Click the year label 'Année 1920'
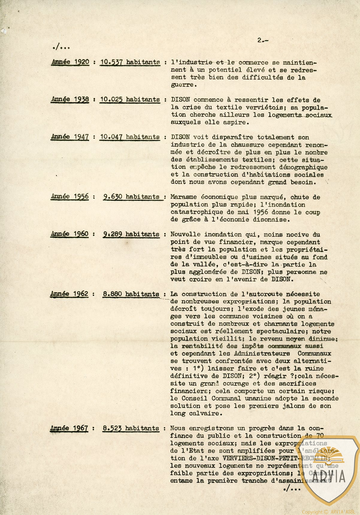pyautogui.click(x=70, y=62)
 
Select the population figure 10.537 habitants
pyautogui.click(x=130, y=62)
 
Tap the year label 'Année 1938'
pyautogui.click(x=70, y=99)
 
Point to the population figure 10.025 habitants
pyautogui.click(x=130, y=99)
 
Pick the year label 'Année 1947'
pyautogui.click(x=70, y=137)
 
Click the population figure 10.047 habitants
pyautogui.click(x=130, y=137)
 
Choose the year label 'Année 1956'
pyautogui.click(x=70, y=196)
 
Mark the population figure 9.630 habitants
pyautogui.click(x=131, y=197)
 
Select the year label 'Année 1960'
pyautogui.click(x=70, y=234)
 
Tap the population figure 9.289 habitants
pyautogui.click(x=131, y=234)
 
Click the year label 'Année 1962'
pyautogui.click(x=69, y=294)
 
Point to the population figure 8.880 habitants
pyautogui.click(x=131, y=294)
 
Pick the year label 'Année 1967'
pyautogui.click(x=69, y=428)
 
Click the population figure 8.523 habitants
pyautogui.click(x=131, y=428)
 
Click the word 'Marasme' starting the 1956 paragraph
pyautogui.click(x=182, y=197)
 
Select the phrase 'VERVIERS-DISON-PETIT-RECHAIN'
pyautogui.click(x=276, y=458)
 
